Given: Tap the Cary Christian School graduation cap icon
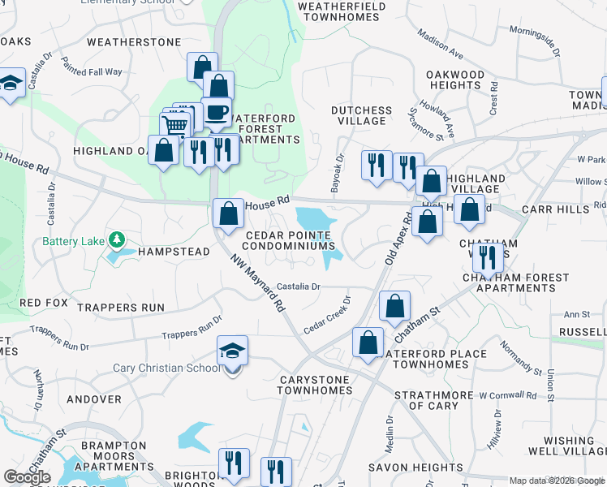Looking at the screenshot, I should [232, 351].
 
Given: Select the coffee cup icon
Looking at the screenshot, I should [216, 112].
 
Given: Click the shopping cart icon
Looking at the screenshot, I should [175, 125].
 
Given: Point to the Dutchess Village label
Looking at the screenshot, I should [361, 115].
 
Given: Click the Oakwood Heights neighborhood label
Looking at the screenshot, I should [455, 80].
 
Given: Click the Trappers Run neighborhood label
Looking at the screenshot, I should [120, 308].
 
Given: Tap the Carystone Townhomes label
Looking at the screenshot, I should [313, 385].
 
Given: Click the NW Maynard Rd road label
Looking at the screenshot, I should [257, 283].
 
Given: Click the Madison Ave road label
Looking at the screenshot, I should [441, 46].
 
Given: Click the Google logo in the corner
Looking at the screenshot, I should [27, 477].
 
